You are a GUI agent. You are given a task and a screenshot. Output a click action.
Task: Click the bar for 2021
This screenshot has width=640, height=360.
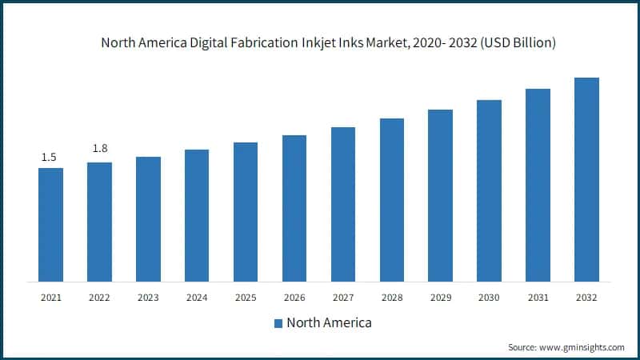pos(50,224)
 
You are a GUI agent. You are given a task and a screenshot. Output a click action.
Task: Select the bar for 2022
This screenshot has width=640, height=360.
pos(99,222)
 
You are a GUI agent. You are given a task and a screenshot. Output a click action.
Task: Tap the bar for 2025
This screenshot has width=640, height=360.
pos(246,211)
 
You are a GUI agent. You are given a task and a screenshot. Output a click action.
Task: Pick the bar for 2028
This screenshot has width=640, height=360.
pos(392,199)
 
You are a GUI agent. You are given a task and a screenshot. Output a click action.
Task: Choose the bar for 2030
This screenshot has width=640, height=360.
pos(489,190)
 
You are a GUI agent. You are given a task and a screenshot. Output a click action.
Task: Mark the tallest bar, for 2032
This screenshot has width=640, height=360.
pos(586,179)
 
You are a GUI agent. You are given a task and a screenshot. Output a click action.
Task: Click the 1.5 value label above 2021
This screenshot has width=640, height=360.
pos(49,157)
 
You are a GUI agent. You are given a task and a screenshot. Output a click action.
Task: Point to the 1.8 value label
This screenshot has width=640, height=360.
pos(100,149)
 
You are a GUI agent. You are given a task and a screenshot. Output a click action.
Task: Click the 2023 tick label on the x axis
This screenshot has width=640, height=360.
pos(148,298)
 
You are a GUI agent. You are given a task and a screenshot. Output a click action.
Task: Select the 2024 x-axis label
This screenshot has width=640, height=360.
pos(197,298)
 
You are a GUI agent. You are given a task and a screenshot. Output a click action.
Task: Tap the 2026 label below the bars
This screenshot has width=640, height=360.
pos(294,298)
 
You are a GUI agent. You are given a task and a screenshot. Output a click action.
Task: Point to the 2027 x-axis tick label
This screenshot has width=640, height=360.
pos(343,298)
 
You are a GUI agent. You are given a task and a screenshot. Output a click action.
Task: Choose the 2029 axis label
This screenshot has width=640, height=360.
pos(440,298)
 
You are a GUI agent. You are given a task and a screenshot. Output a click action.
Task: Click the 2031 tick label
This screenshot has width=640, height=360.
pos(538,298)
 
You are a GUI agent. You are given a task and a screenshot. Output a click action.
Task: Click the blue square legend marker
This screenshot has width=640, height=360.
pos(278,323)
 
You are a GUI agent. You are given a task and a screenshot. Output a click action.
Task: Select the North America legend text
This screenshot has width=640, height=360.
pos(329,323)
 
